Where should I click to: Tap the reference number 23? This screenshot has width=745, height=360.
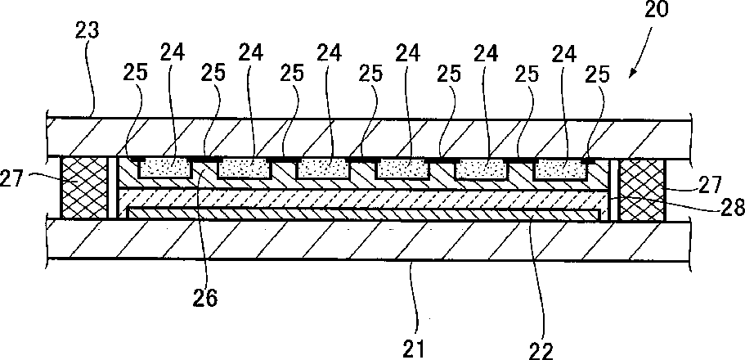88,32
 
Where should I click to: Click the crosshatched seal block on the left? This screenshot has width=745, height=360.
83,187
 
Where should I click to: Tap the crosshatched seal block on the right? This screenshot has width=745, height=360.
643,187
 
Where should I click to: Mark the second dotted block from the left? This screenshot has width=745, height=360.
245,169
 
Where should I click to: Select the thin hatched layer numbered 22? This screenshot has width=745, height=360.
368,213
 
